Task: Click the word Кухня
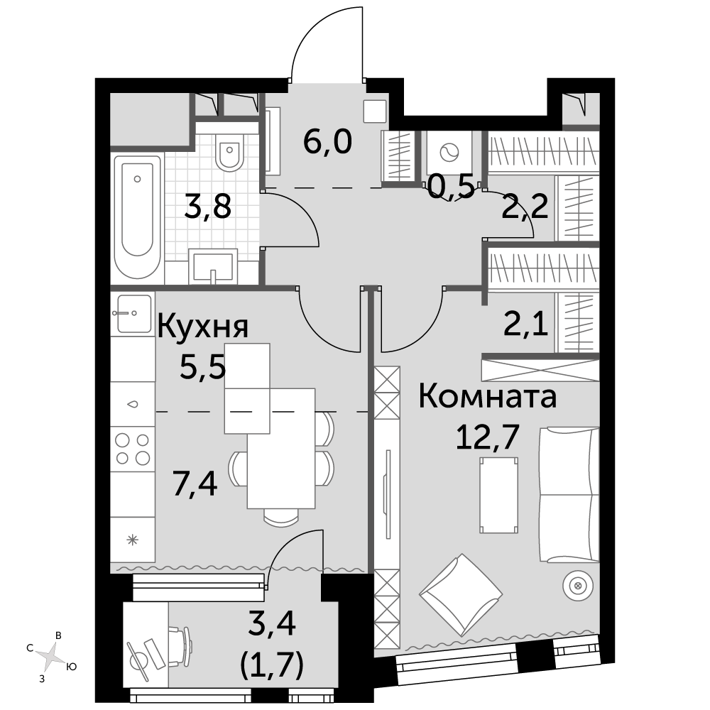click(203, 327)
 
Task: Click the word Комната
click(488, 396)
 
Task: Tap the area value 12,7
click(487, 437)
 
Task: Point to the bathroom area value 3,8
click(208, 206)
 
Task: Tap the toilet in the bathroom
click(230, 152)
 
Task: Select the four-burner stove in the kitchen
click(133, 449)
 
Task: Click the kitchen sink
click(133, 313)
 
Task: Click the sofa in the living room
click(569, 495)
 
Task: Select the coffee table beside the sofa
click(499, 495)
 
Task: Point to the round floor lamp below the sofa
click(577, 586)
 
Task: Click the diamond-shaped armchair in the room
click(461, 594)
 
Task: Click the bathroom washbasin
click(213, 266)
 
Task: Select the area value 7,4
click(196, 483)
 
